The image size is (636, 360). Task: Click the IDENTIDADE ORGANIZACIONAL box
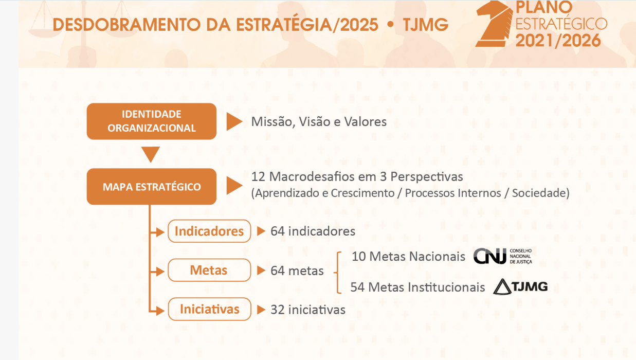click(x=151, y=121)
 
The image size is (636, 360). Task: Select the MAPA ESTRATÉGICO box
click(x=151, y=187)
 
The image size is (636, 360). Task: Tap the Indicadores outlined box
click(x=209, y=231)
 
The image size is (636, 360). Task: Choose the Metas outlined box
click(x=209, y=271)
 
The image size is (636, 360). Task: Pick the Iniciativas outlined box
click(x=209, y=309)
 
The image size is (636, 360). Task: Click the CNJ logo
click(x=502, y=256)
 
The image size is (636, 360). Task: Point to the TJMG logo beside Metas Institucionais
click(x=520, y=286)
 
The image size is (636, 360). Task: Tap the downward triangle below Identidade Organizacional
click(x=151, y=154)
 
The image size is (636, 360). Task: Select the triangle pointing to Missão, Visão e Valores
click(x=234, y=122)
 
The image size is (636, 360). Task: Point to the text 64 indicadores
click(x=313, y=231)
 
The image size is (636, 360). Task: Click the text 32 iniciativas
click(x=308, y=310)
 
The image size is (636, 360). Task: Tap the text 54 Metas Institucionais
click(x=417, y=287)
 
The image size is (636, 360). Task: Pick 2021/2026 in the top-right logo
click(x=558, y=40)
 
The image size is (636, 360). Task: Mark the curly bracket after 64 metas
click(x=337, y=272)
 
